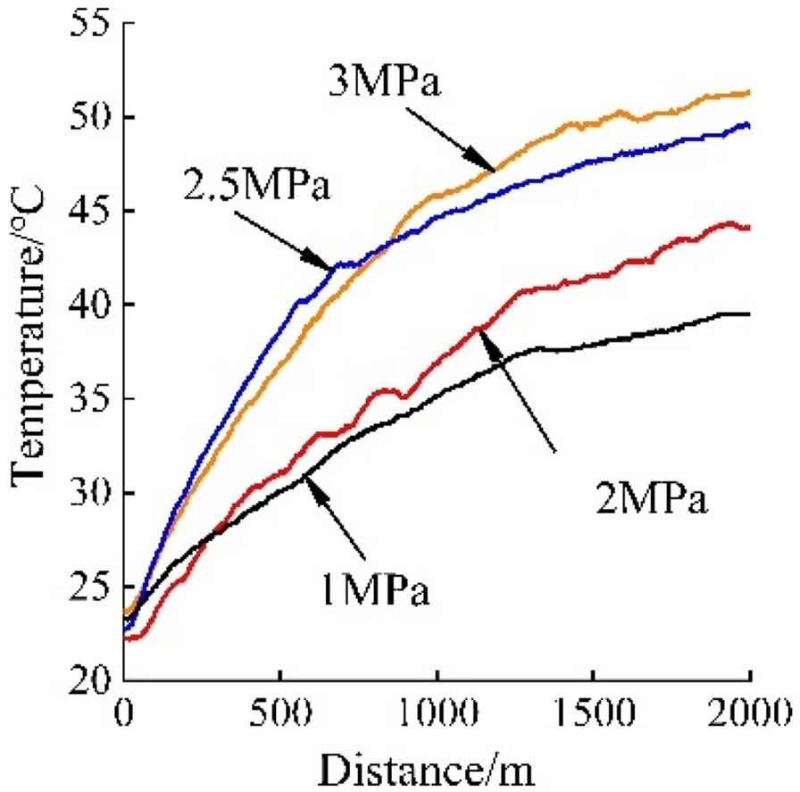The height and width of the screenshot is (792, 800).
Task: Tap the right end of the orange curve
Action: point(748,92)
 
